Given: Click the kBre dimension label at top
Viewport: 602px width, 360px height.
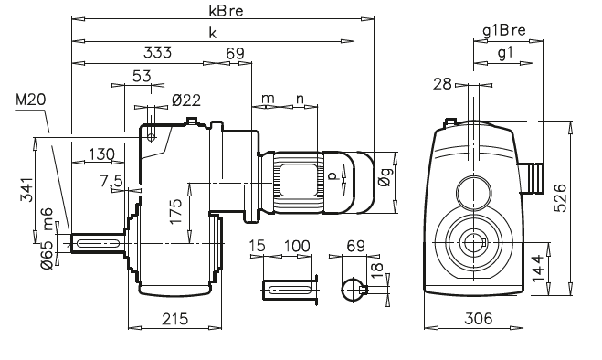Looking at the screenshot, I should (x=217, y=10).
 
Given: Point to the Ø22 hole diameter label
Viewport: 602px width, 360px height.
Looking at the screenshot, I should (x=185, y=100).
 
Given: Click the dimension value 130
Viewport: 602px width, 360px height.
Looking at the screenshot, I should (x=102, y=154).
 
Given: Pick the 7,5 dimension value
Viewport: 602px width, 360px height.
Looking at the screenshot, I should (x=115, y=182).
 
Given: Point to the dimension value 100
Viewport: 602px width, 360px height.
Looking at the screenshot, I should (x=295, y=248).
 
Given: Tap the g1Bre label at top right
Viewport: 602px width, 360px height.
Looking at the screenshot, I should (x=504, y=31).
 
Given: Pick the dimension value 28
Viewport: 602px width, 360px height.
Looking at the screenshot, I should (x=443, y=85).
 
